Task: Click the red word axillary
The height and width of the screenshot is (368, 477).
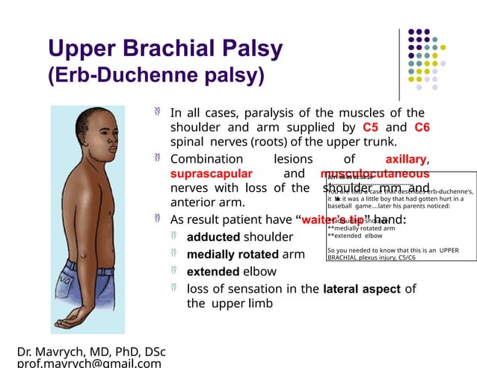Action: [x=405, y=159]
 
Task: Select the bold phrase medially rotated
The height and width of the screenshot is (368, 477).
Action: [x=233, y=255]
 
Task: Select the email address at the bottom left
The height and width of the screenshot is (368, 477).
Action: [x=89, y=364]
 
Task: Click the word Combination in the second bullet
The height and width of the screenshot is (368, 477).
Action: [x=206, y=159]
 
